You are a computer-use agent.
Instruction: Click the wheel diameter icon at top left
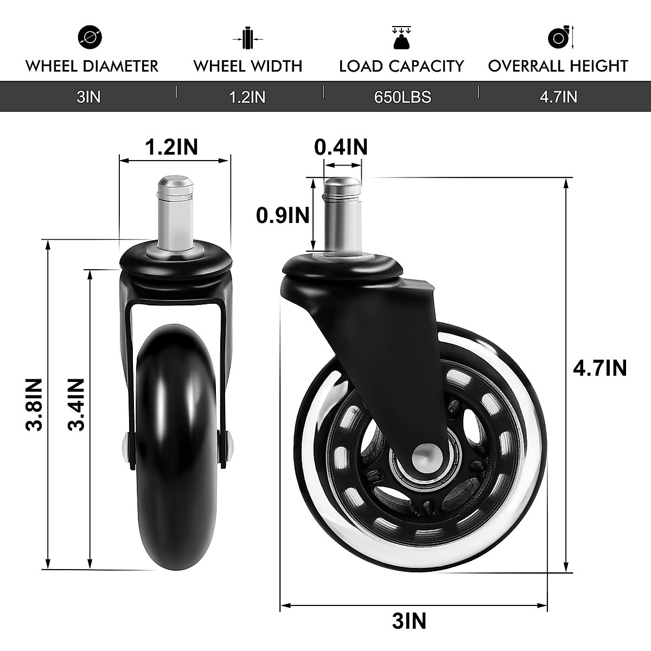click(x=90, y=37)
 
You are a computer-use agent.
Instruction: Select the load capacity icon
click(x=401, y=37)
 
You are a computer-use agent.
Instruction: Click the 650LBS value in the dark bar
click(x=402, y=97)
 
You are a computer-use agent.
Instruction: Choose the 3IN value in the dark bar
click(x=88, y=97)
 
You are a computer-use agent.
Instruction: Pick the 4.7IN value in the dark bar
click(x=558, y=97)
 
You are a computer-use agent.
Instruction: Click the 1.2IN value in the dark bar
click(x=247, y=97)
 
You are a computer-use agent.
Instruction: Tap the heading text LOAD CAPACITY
click(x=401, y=66)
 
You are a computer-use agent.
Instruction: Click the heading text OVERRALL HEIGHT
click(x=558, y=66)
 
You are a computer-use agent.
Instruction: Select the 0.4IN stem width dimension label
click(x=341, y=146)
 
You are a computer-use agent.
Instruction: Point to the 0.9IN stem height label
click(x=283, y=215)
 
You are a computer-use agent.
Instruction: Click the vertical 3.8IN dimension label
click(x=34, y=404)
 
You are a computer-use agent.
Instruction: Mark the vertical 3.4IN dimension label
click(x=76, y=404)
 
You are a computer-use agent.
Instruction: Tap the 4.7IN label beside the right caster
click(x=599, y=368)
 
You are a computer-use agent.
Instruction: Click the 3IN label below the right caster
click(x=409, y=621)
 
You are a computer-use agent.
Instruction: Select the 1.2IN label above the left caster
click(x=171, y=146)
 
